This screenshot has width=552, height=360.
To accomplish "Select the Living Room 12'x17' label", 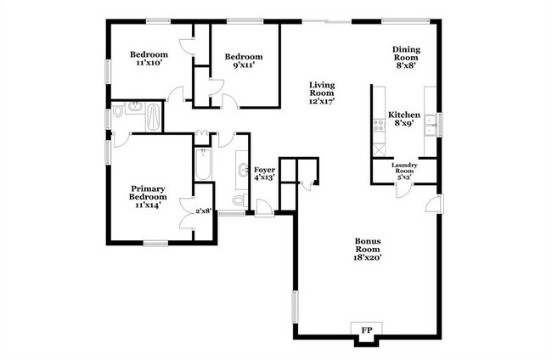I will click(322, 93).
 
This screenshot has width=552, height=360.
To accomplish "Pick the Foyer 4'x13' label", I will click(264, 174).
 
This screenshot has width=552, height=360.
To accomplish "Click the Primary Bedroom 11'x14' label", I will click(146, 195).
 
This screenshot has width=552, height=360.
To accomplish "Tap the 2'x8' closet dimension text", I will click(203, 211).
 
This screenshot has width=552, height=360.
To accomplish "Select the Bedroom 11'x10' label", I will click(149, 58).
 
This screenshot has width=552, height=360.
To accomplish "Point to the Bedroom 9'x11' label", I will click(244, 61).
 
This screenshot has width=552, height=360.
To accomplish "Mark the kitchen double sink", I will click(431, 126).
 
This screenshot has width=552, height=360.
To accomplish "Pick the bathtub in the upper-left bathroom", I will click(154, 116).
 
